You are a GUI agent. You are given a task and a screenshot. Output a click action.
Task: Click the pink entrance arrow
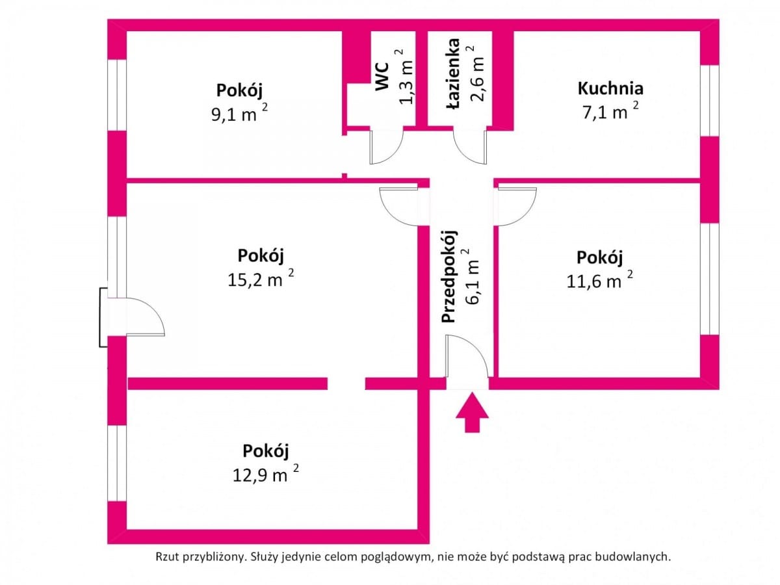pos(472,412)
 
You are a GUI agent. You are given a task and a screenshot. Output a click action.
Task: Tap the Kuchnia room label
pos(610,88)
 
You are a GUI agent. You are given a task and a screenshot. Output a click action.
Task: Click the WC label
pos(382,76)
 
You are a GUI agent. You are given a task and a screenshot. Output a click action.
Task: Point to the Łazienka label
pos(454,73)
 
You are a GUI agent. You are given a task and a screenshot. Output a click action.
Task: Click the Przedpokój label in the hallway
pos(448,277)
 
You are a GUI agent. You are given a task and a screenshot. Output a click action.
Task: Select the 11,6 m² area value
pos(599,280)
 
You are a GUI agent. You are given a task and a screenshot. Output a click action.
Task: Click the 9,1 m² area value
pos(239,113)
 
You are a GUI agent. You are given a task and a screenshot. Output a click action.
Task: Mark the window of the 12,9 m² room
pos(117,463)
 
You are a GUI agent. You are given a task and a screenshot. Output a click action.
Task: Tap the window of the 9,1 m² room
pos(117,95)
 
